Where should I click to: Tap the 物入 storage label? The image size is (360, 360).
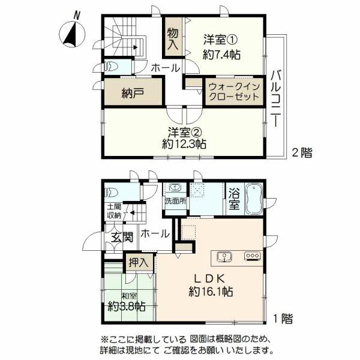(x=173, y=38)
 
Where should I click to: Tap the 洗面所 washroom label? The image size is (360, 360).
(x=175, y=201)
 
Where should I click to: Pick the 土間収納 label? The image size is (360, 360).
(x=114, y=211)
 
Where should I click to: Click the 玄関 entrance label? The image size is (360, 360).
(x=122, y=236)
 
